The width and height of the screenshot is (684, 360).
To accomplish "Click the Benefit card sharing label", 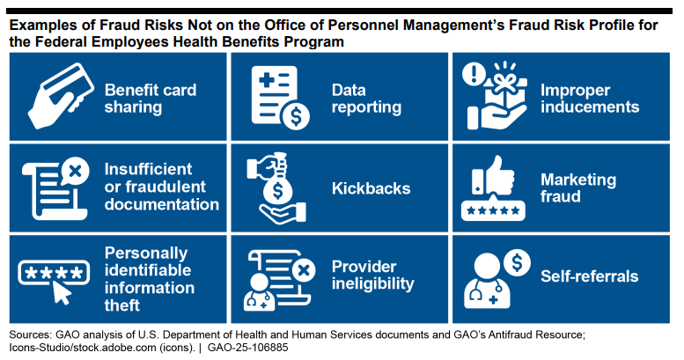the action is [151, 99].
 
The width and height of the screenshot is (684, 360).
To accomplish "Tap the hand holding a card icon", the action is [61, 96].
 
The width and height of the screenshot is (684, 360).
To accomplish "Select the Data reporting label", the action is [366, 99].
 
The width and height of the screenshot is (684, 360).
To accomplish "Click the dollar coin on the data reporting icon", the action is [296, 116].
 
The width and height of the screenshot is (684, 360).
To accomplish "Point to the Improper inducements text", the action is [590, 99].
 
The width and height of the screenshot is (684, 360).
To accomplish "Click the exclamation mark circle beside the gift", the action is [474, 73].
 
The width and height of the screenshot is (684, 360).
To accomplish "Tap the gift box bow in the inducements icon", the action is [504, 80].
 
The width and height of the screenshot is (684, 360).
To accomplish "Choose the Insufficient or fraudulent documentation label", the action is [161, 187].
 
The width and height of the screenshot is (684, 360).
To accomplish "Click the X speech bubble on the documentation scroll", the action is [75, 171].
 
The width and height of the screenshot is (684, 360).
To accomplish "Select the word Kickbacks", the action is [371, 188].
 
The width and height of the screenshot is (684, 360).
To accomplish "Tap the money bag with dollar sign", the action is [277, 186].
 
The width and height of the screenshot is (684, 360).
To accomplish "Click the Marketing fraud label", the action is [578, 187].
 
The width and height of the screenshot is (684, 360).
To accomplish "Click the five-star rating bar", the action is [493, 210].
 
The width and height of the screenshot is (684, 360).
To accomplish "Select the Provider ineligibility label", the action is [373, 276].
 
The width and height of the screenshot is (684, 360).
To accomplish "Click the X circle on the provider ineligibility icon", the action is [304, 270].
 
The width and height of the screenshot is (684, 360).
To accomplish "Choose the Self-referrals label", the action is [589, 276].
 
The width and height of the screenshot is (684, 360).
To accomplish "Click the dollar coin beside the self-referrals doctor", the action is [517, 262].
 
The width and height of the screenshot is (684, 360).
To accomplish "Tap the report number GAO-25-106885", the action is [247, 348].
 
